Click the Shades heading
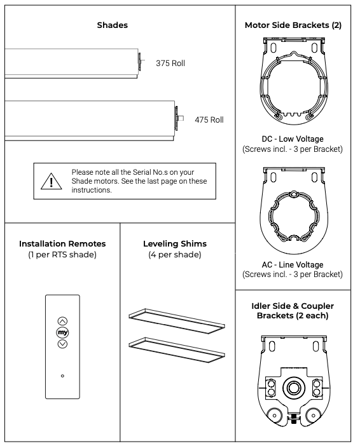click(x=113, y=25)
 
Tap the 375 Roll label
click(x=170, y=63)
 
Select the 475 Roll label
click(x=209, y=119)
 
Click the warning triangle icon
click(x=51, y=181)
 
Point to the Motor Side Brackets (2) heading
click(x=293, y=25)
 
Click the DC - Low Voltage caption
click(x=293, y=139)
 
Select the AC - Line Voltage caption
click(x=293, y=264)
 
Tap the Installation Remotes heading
click(x=62, y=244)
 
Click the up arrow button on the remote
click(x=62, y=322)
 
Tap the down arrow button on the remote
click(x=62, y=344)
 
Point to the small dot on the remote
click(x=62, y=376)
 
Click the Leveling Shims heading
click(x=175, y=244)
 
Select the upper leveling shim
click(x=177, y=321)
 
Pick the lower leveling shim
click(x=177, y=350)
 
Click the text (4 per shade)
click(x=175, y=255)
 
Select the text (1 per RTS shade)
click(x=62, y=255)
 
